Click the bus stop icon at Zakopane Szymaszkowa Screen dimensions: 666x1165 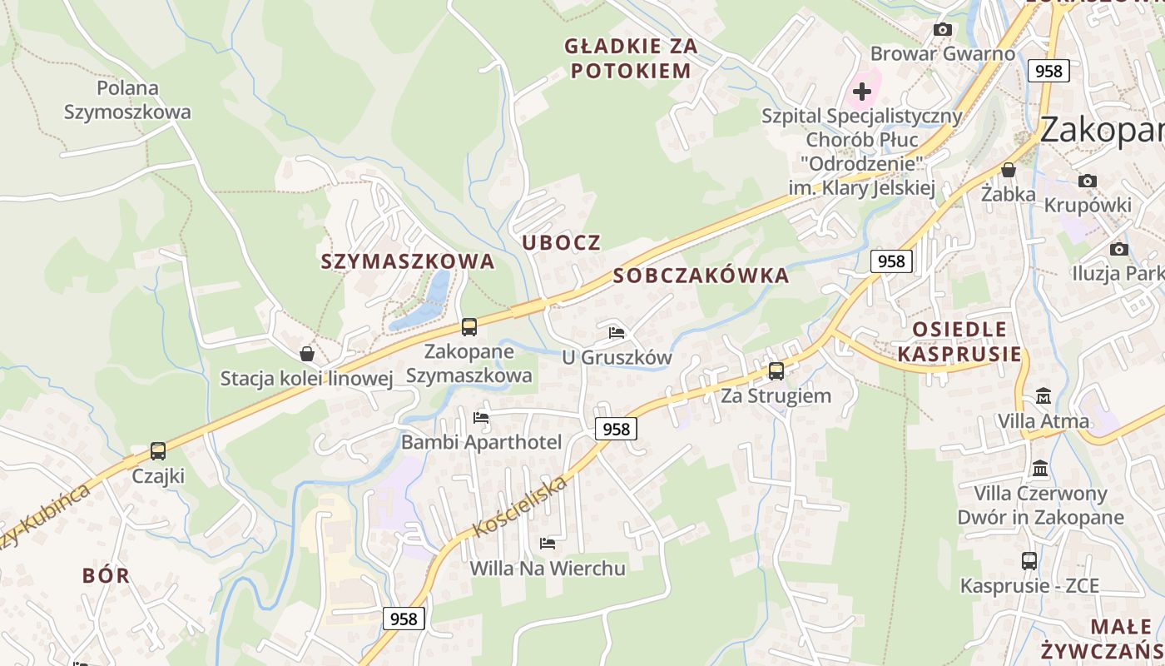click(x=469, y=327)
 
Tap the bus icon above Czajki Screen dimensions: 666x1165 click(x=158, y=451)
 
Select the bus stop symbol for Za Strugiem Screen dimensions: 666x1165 click(x=776, y=371)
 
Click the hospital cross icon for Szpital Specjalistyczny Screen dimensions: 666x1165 click(x=862, y=91)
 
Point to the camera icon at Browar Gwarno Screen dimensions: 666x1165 click(x=943, y=30)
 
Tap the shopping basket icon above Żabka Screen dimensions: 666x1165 click(x=1009, y=171)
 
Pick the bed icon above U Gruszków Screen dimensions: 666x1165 click(x=617, y=333)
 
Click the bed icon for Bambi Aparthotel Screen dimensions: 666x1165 click(x=481, y=418)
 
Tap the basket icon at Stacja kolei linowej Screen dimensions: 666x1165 click(x=307, y=354)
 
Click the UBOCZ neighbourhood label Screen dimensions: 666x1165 click(x=561, y=242)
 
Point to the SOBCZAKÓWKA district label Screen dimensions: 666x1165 click(x=701, y=276)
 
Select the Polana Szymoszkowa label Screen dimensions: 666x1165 click(x=127, y=100)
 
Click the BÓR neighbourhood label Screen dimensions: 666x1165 click(x=107, y=575)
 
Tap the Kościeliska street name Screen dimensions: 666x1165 click(x=520, y=505)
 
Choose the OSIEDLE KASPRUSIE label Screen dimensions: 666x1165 click(x=959, y=341)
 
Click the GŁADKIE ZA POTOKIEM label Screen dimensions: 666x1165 click(x=631, y=58)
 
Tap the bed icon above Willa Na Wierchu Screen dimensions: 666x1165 click(x=548, y=544)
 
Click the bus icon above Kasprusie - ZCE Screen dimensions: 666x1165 click(x=1029, y=561)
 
